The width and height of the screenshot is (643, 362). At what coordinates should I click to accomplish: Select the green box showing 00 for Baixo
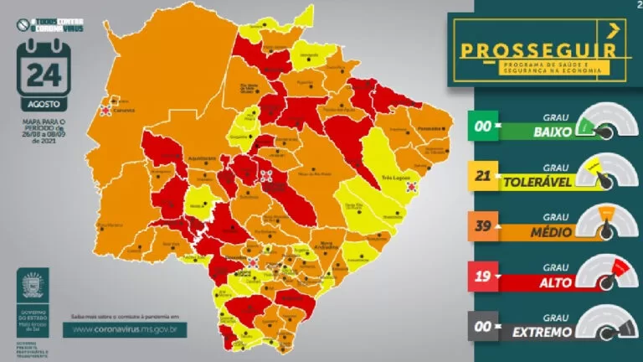point(484,129)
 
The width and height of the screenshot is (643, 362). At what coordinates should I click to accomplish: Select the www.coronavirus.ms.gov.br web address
point(129,329)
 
